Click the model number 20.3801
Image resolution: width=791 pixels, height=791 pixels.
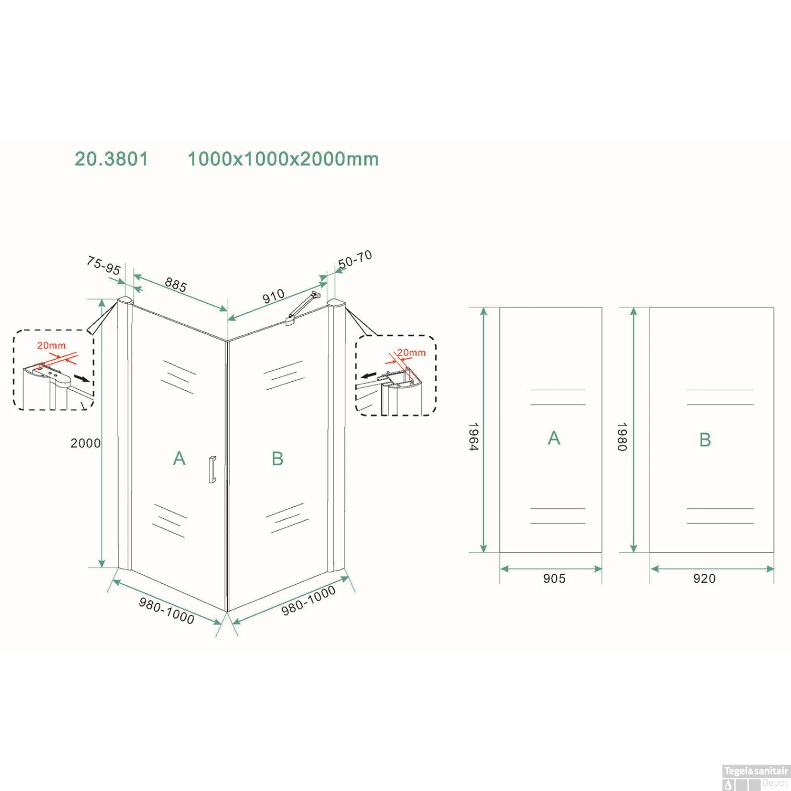pos(111,159)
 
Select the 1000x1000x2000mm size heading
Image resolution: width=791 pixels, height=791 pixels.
pos(283,159)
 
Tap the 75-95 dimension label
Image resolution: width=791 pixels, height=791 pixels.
pos(104,265)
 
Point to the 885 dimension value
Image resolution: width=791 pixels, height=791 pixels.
pos(176,285)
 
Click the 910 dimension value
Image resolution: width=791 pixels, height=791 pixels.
pos(274,297)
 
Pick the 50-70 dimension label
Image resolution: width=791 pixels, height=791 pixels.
pos(355,259)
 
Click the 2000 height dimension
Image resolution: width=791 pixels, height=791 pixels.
pos(85,443)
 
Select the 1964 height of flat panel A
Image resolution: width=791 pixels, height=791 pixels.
pos(473,436)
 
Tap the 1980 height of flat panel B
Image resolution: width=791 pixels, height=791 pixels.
pos(622,436)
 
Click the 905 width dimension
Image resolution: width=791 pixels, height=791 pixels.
pos(554,578)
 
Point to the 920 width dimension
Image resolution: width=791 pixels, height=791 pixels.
pos(705,578)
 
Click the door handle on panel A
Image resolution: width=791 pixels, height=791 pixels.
pos(212,469)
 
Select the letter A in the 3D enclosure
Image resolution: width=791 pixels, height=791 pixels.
pos(179,458)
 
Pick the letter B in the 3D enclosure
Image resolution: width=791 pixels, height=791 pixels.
pos(277,458)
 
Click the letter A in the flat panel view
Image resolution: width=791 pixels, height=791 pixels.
pos(554,438)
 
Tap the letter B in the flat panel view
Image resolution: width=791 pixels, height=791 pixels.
pos(705,439)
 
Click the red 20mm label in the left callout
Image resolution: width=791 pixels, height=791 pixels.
pos(51,345)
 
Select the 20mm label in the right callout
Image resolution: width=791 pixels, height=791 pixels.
pos(411,352)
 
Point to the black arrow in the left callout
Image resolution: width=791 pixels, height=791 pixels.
pos(82,378)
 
